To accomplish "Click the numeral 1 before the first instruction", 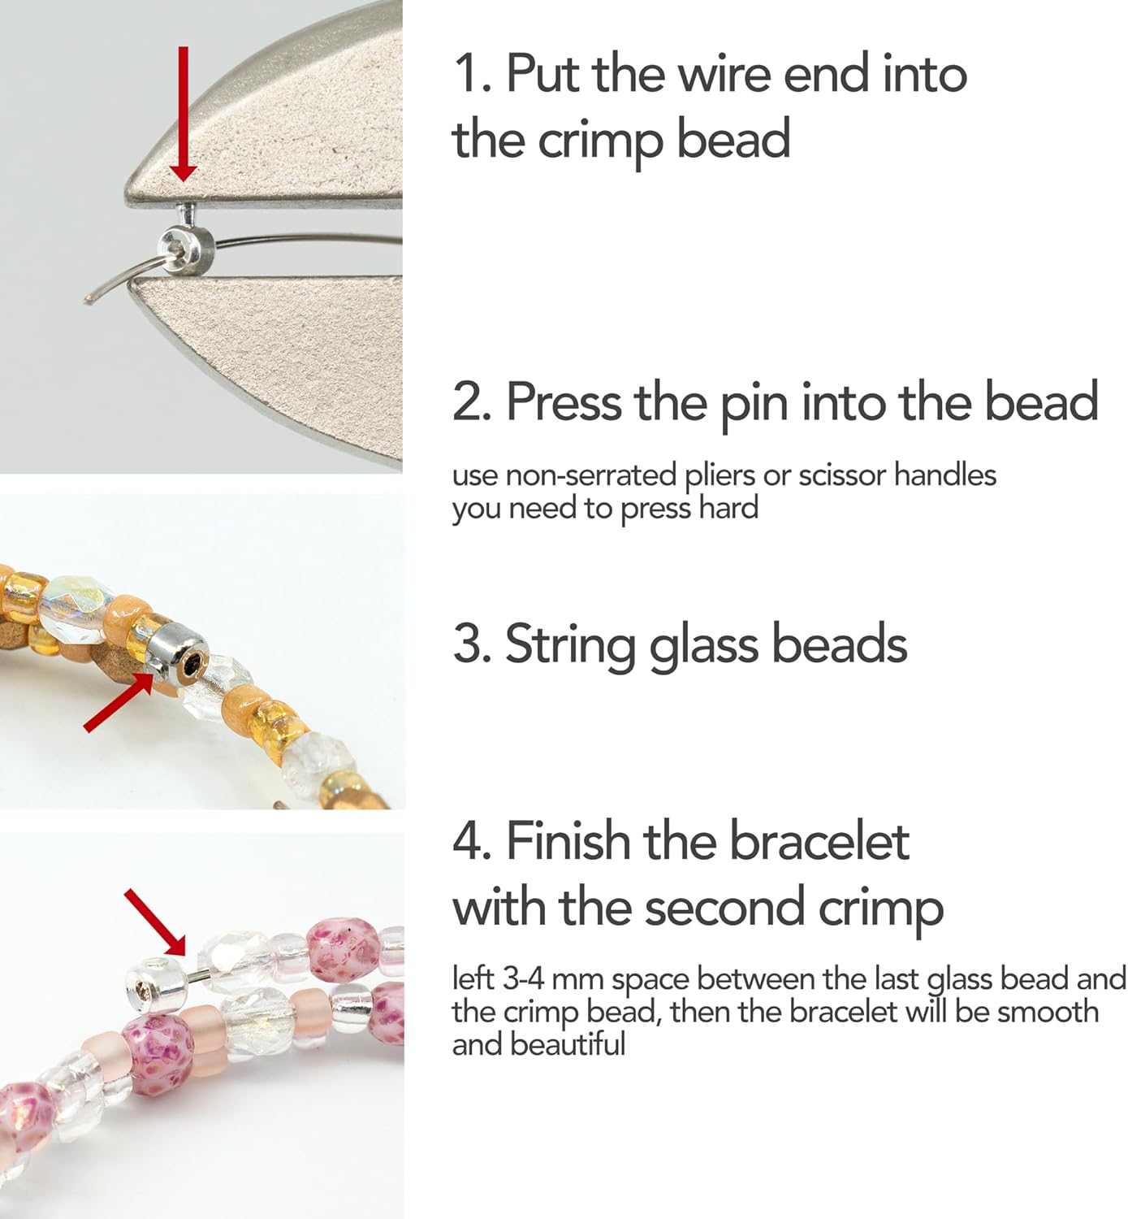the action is pyautogui.click(x=466, y=74).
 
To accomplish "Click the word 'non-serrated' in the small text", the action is pyautogui.click(x=590, y=475).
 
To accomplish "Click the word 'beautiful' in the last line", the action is pyautogui.click(x=568, y=1044).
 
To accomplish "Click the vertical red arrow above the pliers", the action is pyautogui.click(x=183, y=114).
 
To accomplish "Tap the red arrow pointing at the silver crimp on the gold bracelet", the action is pyautogui.click(x=119, y=701).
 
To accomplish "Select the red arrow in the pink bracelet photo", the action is pyautogui.click(x=155, y=922).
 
